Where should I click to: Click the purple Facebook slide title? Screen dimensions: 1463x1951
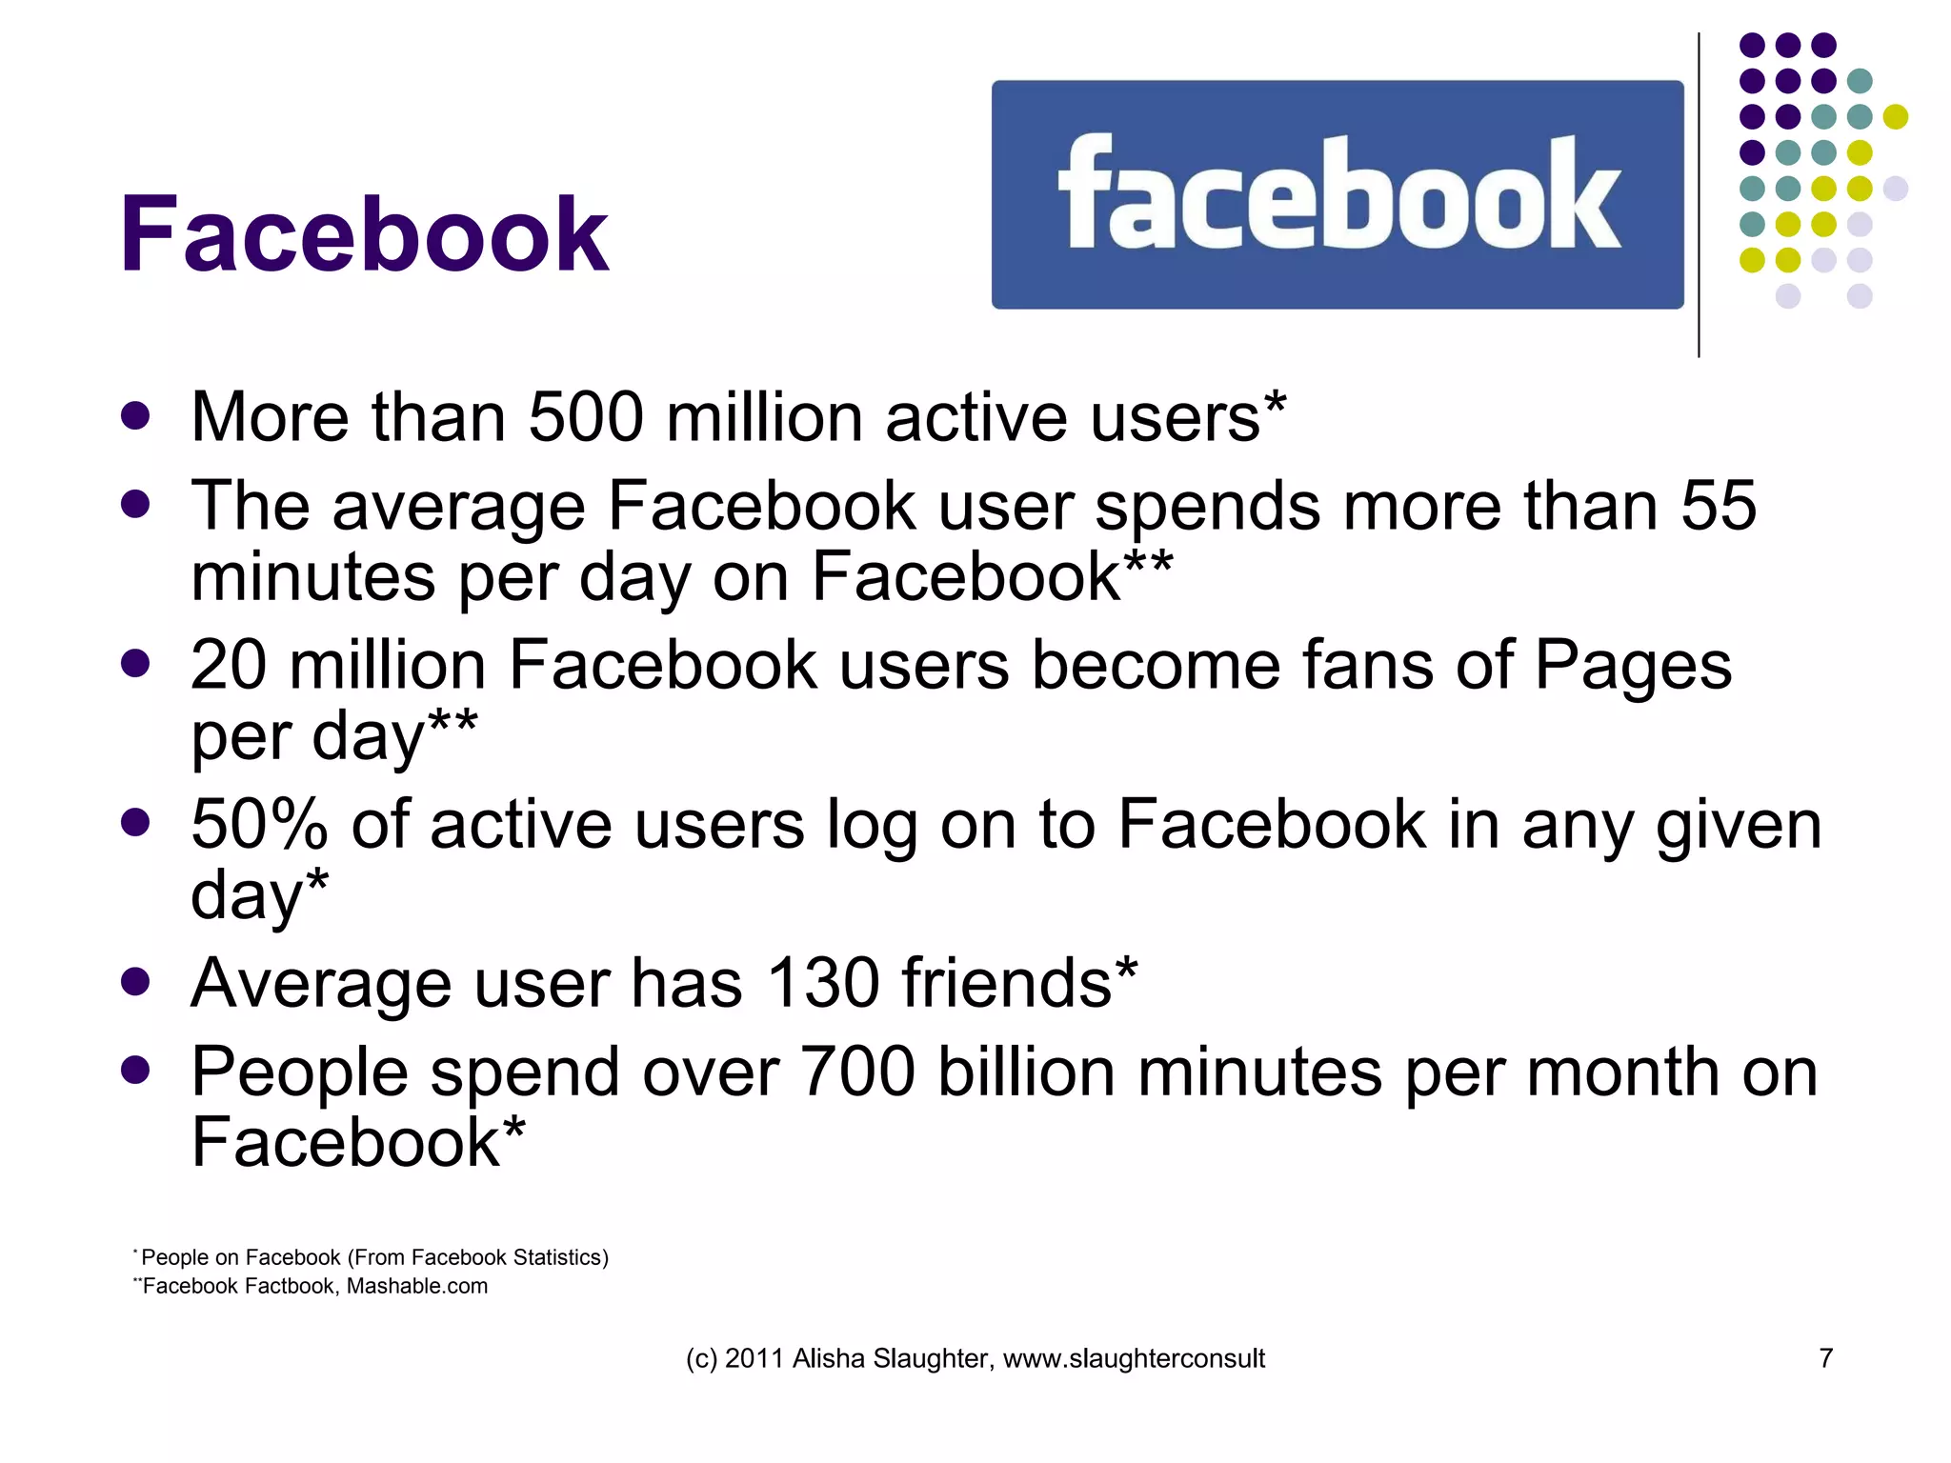tap(363, 234)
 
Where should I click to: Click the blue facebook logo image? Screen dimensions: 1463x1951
tap(1337, 194)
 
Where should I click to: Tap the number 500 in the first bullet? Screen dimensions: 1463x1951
tap(585, 417)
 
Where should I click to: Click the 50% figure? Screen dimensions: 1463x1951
tap(259, 824)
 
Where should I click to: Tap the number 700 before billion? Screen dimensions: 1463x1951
tap(856, 1072)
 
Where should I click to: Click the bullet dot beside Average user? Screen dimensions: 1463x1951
tap(135, 982)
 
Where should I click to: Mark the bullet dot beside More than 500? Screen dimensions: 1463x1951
tap(135, 416)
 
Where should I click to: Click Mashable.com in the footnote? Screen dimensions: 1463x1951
tap(416, 1286)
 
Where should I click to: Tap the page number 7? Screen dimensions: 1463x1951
tap(1825, 1357)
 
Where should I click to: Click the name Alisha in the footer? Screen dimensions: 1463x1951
tap(829, 1358)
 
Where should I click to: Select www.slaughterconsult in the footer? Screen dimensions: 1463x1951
tap(1134, 1358)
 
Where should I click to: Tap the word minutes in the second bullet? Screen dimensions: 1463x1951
tap(313, 576)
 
